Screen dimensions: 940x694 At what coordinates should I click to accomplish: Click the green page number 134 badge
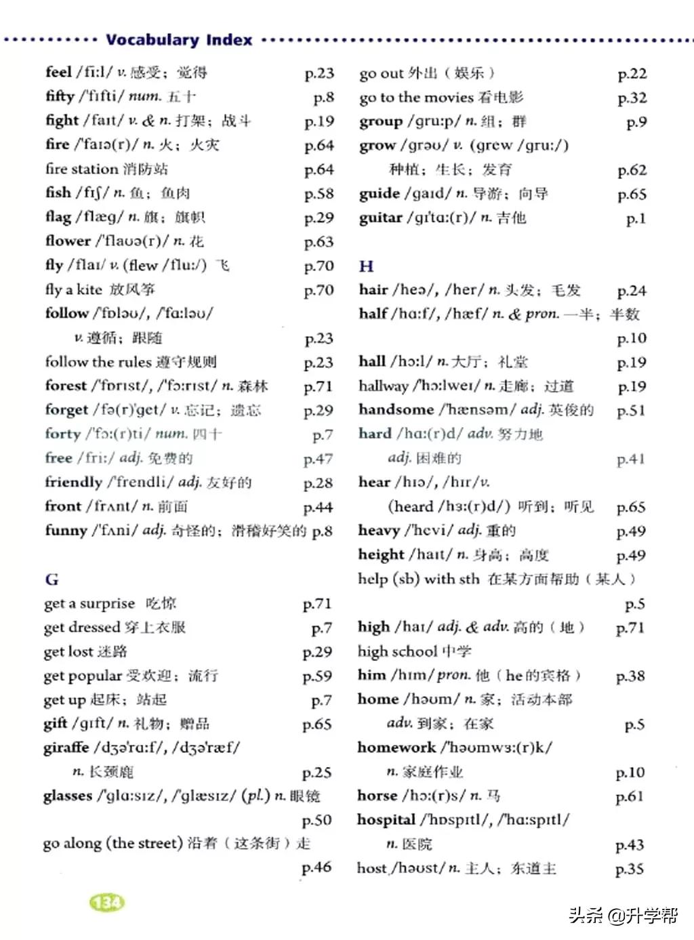[107, 903]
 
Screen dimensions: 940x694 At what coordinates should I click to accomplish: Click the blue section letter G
[52, 579]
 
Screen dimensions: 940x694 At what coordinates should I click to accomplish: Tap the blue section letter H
[366, 266]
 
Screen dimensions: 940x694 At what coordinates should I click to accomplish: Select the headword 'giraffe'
[66, 748]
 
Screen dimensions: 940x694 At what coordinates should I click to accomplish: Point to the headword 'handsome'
[396, 410]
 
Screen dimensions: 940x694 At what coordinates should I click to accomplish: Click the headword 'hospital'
[386, 819]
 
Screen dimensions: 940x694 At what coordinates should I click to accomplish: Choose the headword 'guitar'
[380, 218]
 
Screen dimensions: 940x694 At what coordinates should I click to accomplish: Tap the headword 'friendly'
[73, 483]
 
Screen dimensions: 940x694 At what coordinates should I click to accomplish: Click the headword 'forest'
[66, 386]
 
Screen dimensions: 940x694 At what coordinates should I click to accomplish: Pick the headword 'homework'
[396, 748]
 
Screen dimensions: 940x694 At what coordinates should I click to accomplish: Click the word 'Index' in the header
[229, 40]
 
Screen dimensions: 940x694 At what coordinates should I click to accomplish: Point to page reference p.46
[317, 867]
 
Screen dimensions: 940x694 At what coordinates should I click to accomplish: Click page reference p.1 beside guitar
[636, 218]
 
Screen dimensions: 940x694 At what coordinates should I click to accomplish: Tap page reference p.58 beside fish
[319, 194]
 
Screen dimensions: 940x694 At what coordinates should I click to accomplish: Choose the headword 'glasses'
[67, 796]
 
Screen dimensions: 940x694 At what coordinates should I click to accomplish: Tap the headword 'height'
[381, 555]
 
